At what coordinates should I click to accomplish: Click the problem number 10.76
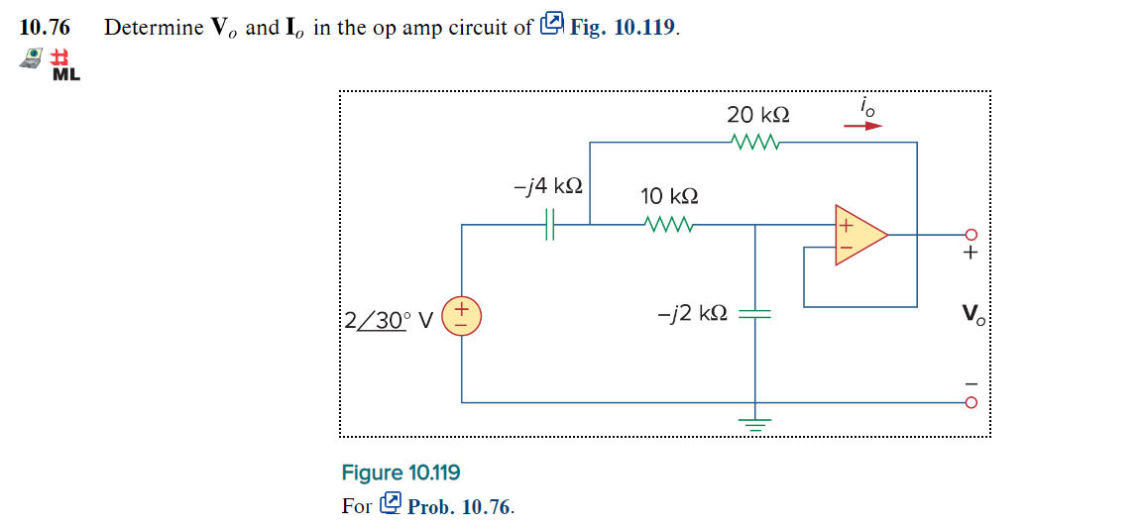pyautogui.click(x=45, y=27)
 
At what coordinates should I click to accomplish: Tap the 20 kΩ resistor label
pyautogui.click(x=757, y=114)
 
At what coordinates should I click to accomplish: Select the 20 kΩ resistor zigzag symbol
pyautogui.click(x=757, y=142)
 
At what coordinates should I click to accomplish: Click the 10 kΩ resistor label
pyautogui.click(x=669, y=195)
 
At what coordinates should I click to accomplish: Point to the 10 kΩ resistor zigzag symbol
pyautogui.click(x=669, y=224)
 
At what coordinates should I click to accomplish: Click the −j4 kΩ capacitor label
pyautogui.click(x=548, y=186)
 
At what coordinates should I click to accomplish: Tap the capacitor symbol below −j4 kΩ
pyautogui.click(x=551, y=225)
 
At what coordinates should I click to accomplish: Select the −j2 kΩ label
pyautogui.click(x=693, y=313)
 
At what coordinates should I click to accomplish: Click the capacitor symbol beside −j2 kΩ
pyautogui.click(x=756, y=313)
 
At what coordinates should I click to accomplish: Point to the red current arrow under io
pyautogui.click(x=861, y=127)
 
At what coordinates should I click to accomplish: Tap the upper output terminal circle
pyautogui.click(x=972, y=235)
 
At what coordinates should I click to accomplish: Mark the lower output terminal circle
pyautogui.click(x=972, y=403)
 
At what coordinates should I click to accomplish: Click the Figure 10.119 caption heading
pyautogui.click(x=401, y=473)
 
